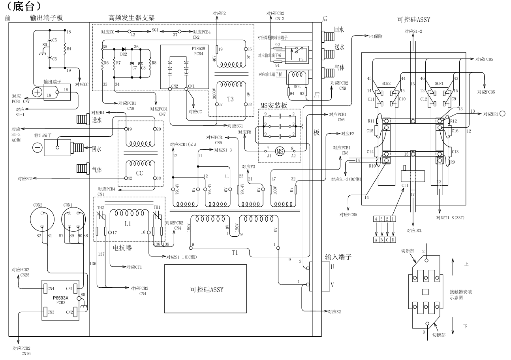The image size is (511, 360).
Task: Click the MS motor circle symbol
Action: point(280,151)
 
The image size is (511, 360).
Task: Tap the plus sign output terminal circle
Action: point(38,91)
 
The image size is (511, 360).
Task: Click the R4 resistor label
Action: point(69,49)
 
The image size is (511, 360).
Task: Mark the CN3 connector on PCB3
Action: point(50,313)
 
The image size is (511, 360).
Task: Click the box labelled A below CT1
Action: point(377,239)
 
